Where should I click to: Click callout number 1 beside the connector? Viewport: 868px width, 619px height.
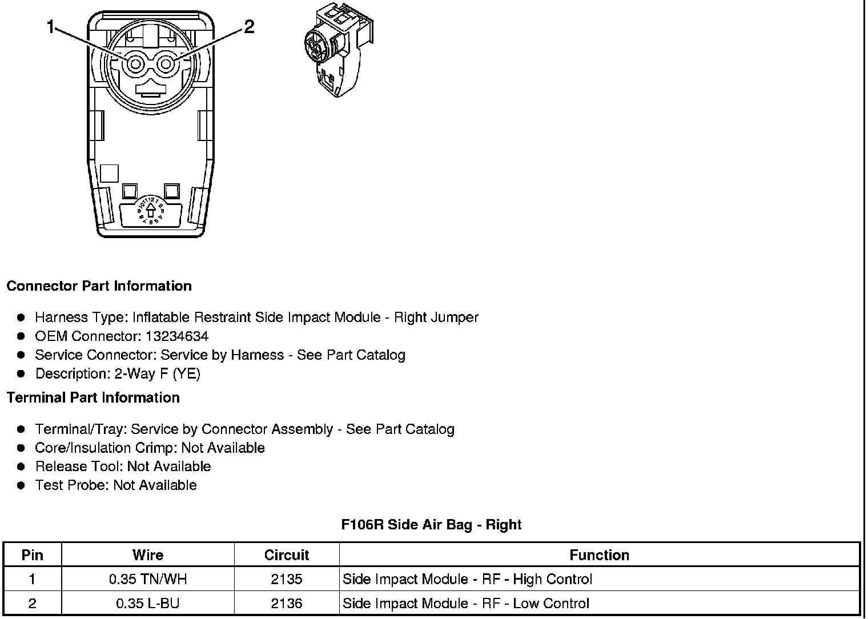(x=51, y=27)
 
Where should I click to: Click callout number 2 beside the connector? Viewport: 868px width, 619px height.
(x=249, y=27)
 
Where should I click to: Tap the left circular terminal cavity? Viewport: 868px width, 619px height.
(x=135, y=65)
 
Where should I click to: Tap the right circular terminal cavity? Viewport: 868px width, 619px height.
(x=166, y=65)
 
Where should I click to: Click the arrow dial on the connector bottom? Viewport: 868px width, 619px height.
(x=151, y=210)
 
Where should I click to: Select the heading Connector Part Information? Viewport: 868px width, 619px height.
(x=99, y=286)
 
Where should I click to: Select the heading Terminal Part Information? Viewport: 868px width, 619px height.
(x=93, y=397)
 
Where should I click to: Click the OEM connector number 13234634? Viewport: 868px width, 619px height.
(x=177, y=336)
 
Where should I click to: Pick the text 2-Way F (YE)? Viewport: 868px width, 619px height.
(x=157, y=374)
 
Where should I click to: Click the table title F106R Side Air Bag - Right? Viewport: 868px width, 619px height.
(x=431, y=524)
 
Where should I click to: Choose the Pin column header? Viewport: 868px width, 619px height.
(x=32, y=555)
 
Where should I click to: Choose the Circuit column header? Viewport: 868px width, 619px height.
(x=287, y=555)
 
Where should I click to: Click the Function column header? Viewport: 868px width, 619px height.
(x=599, y=555)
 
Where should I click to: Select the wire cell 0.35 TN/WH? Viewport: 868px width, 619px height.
(x=148, y=580)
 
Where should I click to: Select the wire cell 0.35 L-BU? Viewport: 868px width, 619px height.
(x=148, y=604)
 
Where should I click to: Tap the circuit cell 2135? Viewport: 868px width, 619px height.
(x=287, y=580)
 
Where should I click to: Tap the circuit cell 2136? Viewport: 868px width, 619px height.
(x=287, y=604)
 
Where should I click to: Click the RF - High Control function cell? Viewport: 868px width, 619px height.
(x=467, y=580)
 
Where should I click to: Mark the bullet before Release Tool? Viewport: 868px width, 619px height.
(x=22, y=467)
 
